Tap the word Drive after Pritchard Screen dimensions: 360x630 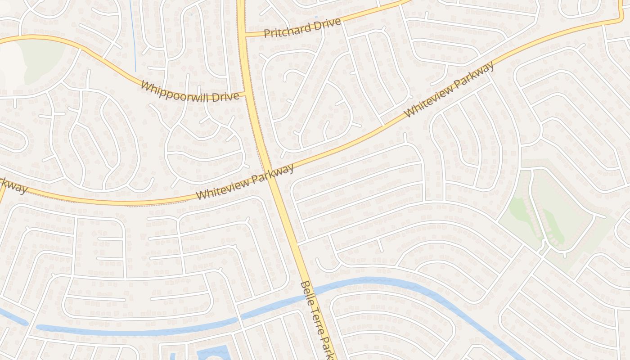pyautogui.click(x=324, y=24)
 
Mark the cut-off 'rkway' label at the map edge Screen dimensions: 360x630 pyautogui.click(x=13, y=184)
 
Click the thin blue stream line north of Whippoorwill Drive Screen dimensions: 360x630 pyautogui.click(x=133, y=36)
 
